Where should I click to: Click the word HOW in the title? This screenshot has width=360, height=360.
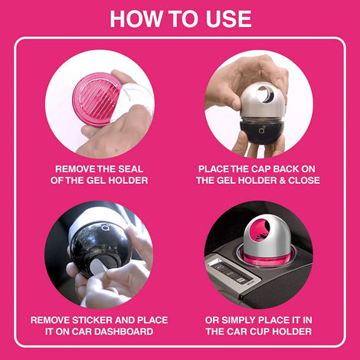[133, 18]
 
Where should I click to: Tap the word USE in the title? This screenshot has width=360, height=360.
[226, 18]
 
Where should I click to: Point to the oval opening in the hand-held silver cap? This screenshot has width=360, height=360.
[267, 94]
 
